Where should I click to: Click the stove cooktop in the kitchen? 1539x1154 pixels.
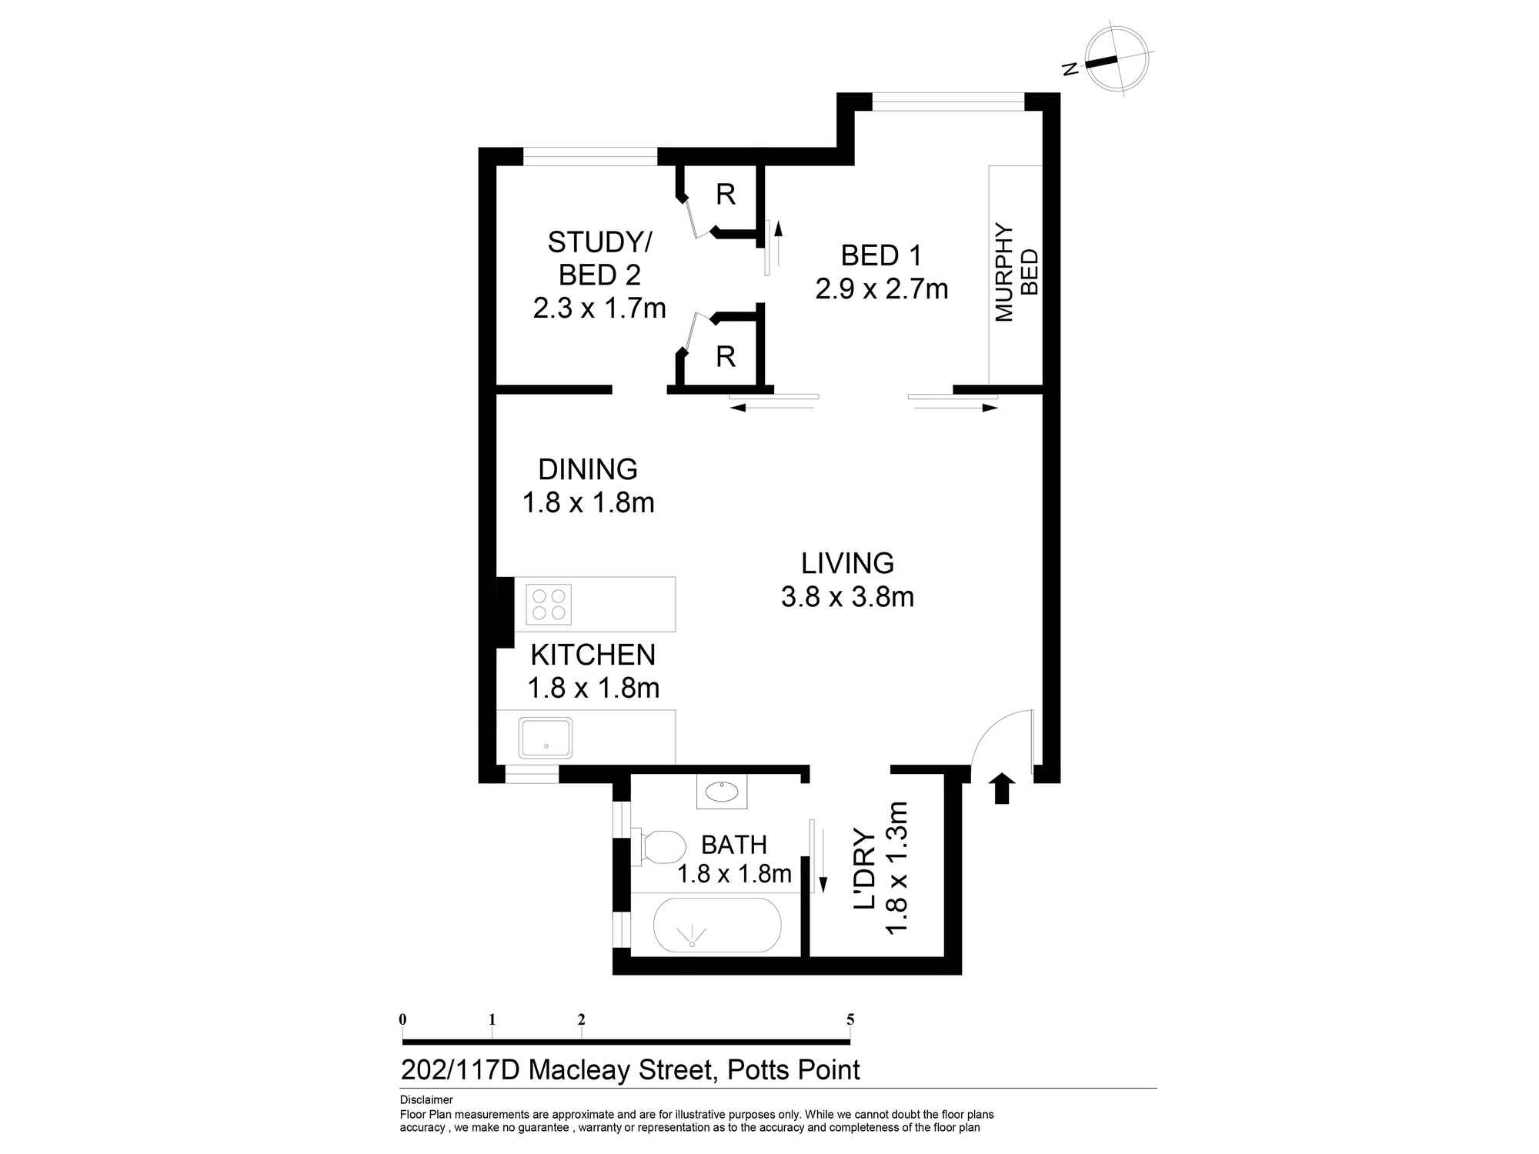[549, 604]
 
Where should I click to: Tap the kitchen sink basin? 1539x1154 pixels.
[546, 738]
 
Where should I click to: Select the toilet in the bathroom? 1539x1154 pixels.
[659, 846]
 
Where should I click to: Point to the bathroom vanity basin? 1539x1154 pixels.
[722, 792]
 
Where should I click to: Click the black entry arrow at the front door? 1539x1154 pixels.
[1002, 789]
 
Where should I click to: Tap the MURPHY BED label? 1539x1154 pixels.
[1016, 272]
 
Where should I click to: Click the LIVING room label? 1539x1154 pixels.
[847, 563]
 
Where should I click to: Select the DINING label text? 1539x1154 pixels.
[588, 469]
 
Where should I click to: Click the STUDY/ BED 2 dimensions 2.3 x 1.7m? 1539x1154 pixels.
[599, 309]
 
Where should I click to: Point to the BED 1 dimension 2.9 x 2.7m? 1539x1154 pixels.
[882, 289]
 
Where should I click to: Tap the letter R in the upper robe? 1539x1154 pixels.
[726, 195]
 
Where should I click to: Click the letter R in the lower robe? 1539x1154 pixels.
[726, 356]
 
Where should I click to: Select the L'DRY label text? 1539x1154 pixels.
[865, 869]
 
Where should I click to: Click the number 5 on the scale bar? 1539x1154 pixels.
[850, 1019]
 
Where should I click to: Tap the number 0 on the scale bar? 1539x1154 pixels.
[402, 1019]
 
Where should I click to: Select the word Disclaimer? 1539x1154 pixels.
[426, 1100]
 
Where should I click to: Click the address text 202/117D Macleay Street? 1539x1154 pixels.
[556, 1070]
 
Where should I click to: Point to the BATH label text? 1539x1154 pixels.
[734, 845]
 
